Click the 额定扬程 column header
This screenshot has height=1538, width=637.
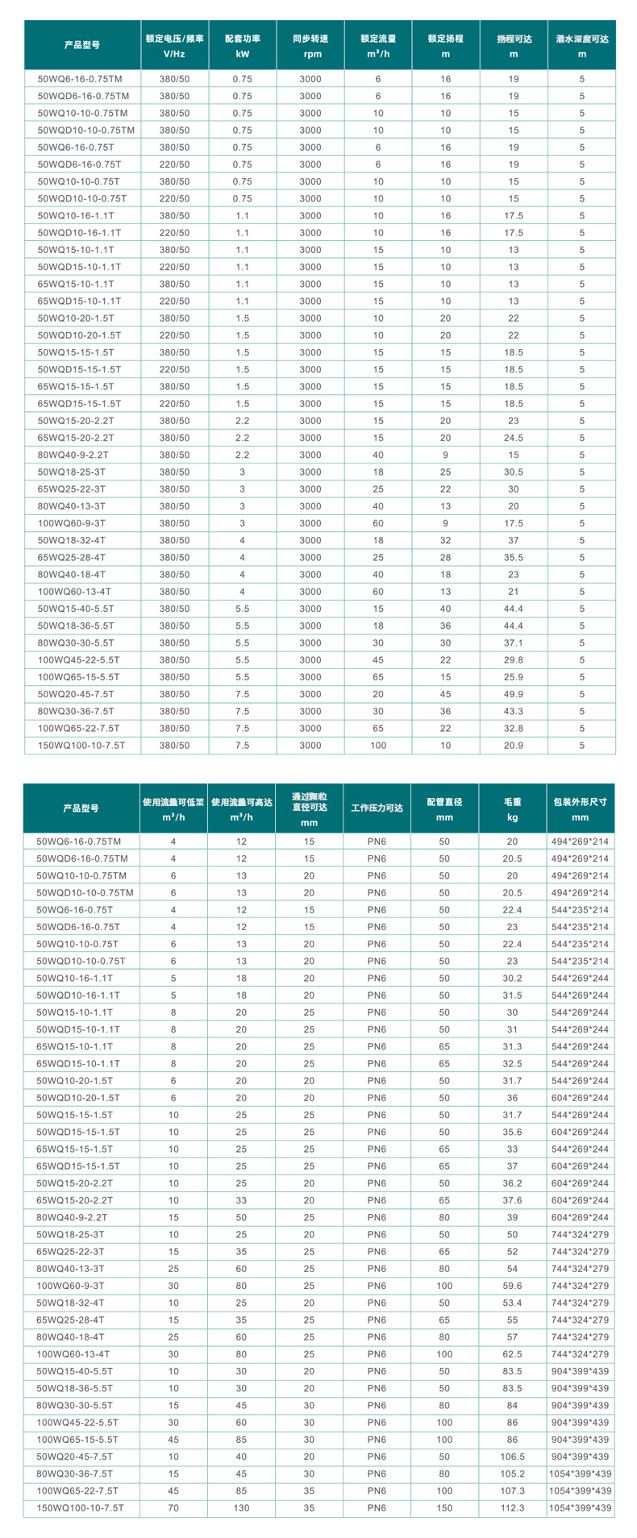pos(446,45)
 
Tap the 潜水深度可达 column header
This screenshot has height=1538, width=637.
pos(581,45)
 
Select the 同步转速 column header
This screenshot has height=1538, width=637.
pos(310,45)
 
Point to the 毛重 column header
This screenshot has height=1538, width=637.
pos(513,809)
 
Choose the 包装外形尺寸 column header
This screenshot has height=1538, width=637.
pos(581,809)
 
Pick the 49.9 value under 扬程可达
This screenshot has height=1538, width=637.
pos(514,694)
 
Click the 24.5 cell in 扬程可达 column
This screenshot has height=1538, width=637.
pos(514,438)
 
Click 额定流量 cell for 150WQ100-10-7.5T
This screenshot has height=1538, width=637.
pos(378,746)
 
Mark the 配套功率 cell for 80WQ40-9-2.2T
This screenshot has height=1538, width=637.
pos(243,455)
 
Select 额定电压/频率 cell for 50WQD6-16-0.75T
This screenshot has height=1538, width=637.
pos(175,164)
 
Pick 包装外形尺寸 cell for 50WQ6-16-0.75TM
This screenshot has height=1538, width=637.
pos(581,841)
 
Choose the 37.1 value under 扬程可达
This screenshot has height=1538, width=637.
pos(514,642)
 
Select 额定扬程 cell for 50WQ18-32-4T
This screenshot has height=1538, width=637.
pos(446,540)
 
